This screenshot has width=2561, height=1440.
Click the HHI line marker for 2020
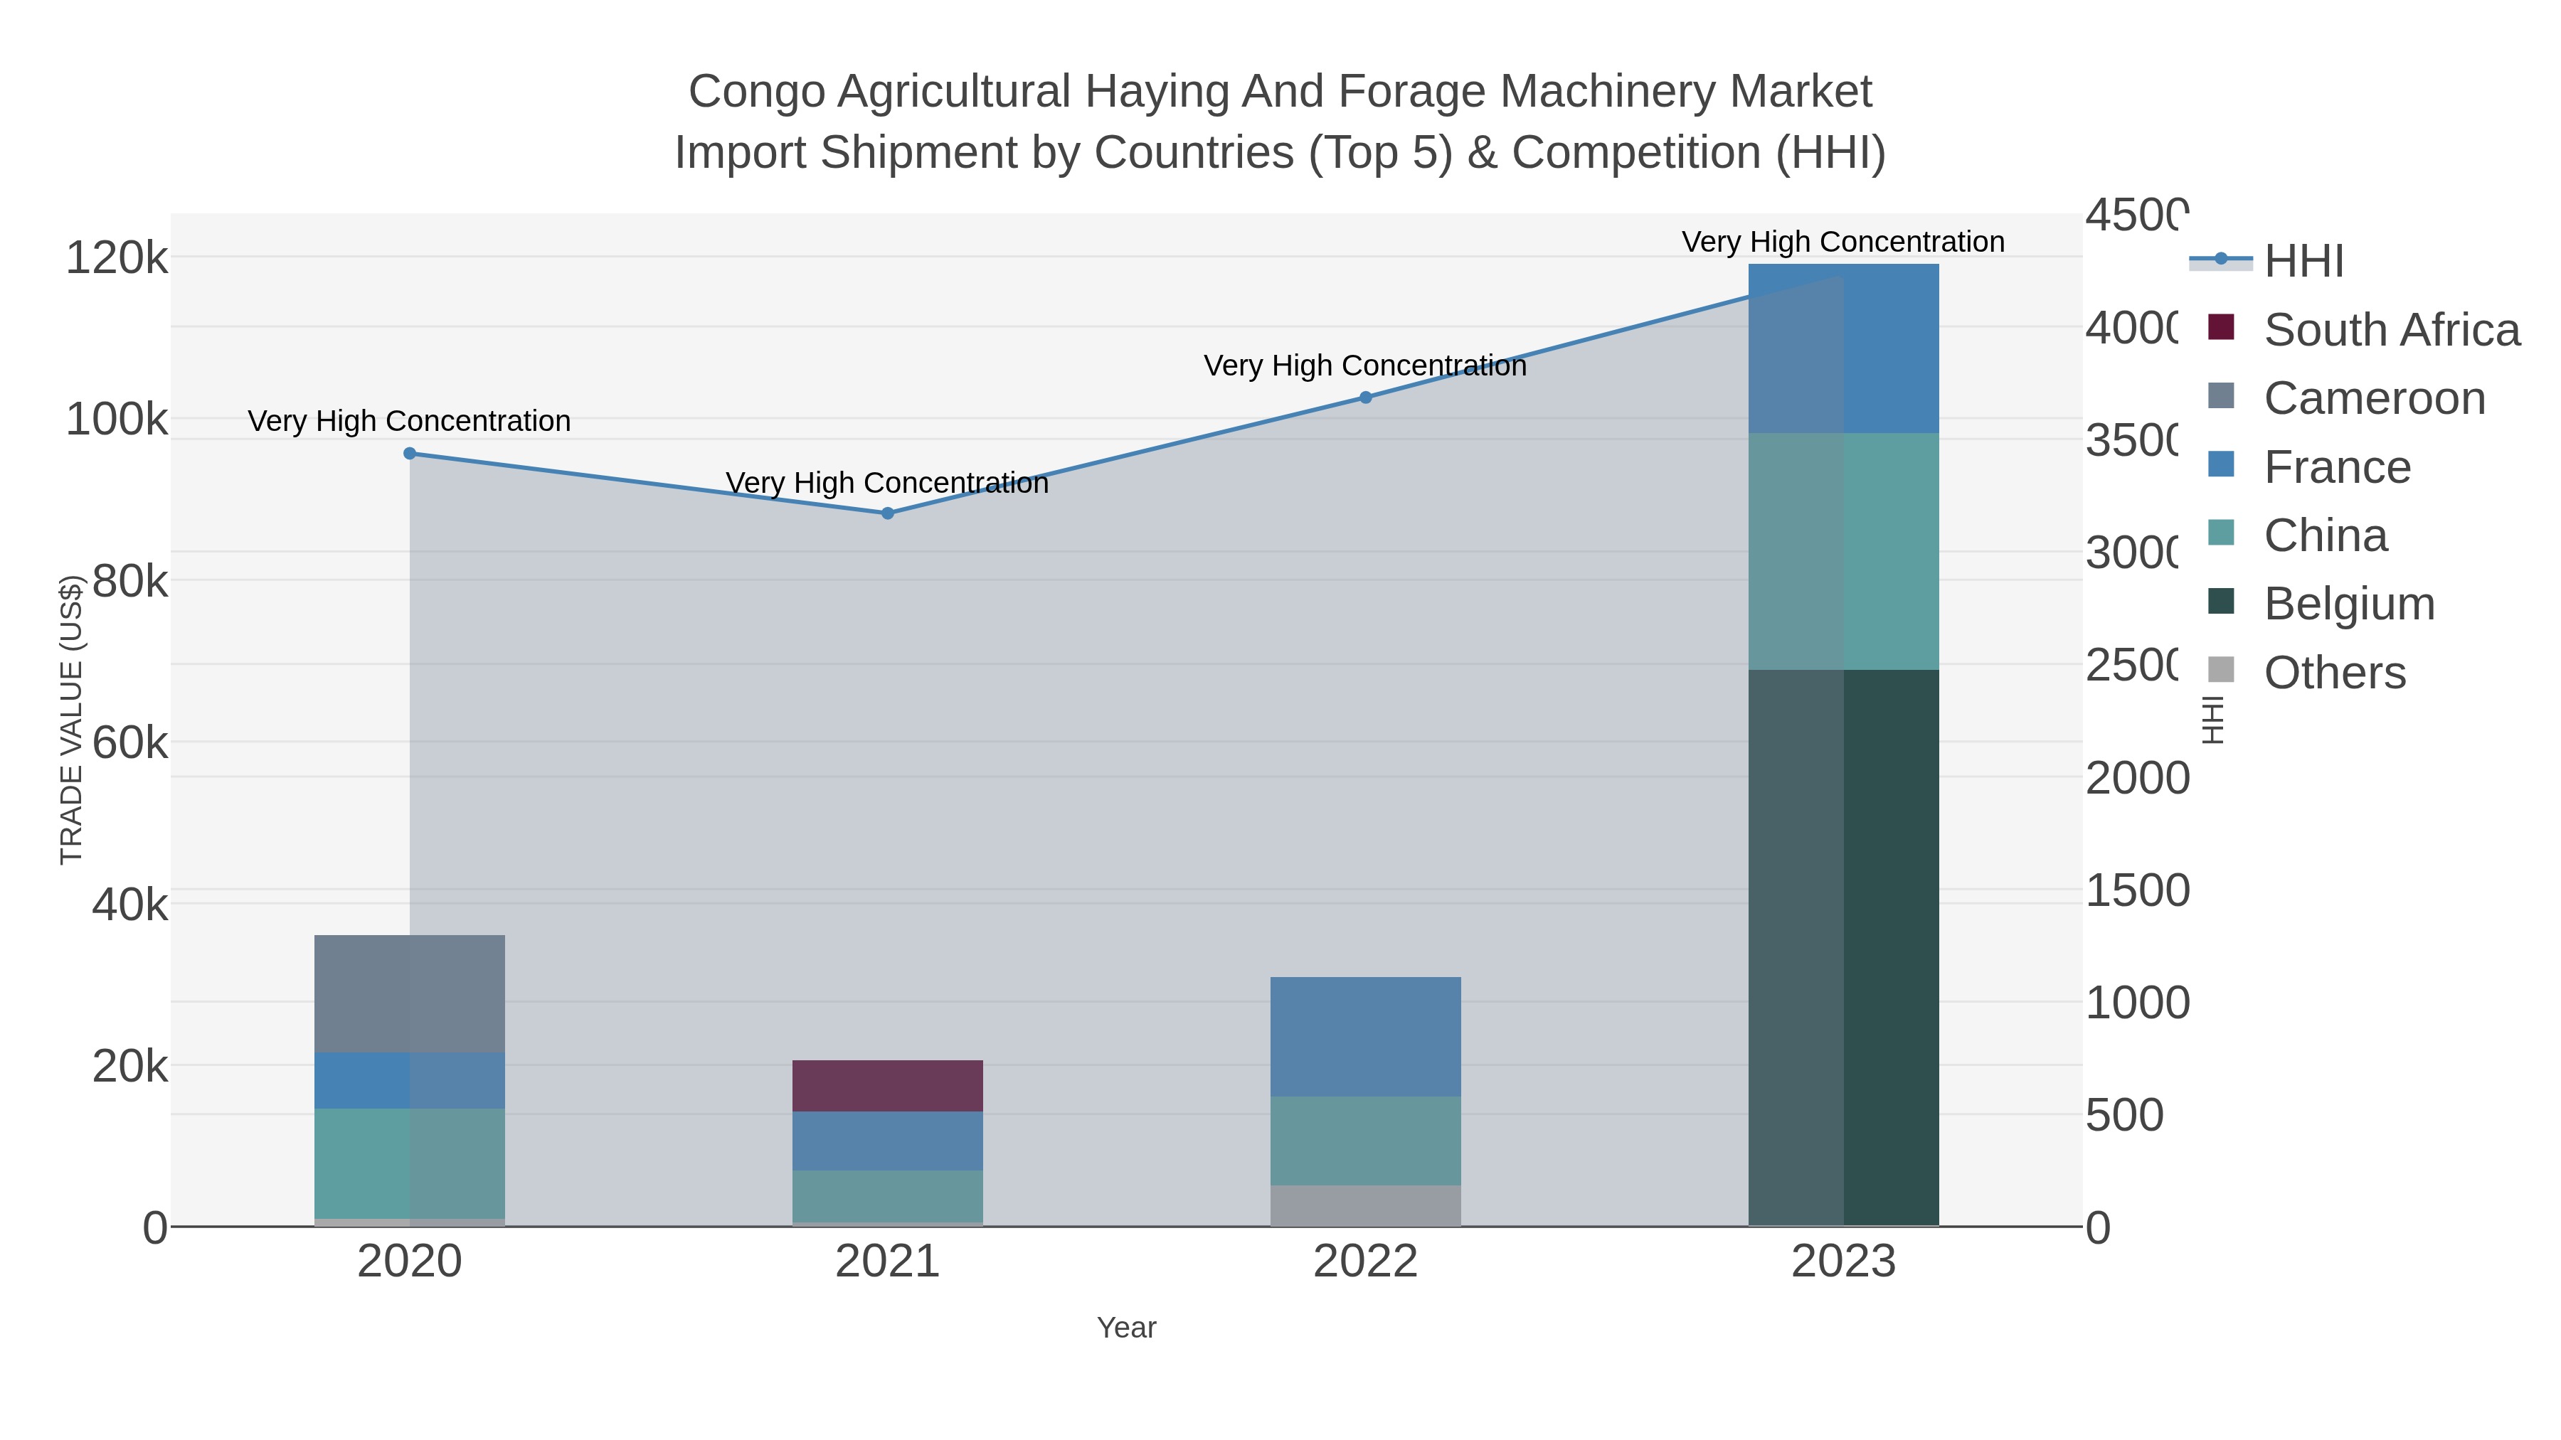(410, 453)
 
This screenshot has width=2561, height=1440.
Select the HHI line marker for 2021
(888, 513)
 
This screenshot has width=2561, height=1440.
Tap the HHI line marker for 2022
(1365, 398)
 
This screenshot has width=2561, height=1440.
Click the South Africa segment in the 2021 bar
(888, 1085)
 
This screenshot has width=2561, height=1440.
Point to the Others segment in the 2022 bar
(1365, 1205)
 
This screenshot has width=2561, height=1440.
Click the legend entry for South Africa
(2391, 330)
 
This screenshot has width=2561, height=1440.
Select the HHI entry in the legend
(2303, 262)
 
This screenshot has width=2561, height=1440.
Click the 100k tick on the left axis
(117, 420)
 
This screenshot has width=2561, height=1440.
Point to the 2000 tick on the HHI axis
(2136, 778)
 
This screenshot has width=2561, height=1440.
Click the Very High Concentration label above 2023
(1842, 242)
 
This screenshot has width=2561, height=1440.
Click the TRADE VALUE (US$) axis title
(72, 720)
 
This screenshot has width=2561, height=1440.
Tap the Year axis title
(1126, 1328)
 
